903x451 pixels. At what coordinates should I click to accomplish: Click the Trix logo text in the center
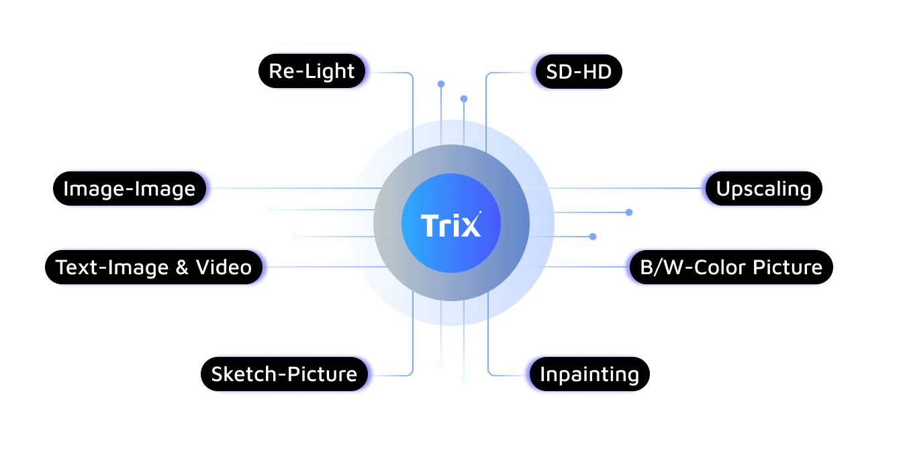pos(450,225)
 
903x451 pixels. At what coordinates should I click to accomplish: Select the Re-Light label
pos(312,71)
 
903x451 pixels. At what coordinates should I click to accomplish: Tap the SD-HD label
pos(579,71)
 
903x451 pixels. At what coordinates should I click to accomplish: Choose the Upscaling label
pos(763,189)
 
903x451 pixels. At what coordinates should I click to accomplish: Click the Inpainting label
pos(589,374)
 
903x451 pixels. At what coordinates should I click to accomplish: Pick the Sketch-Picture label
pos(284,374)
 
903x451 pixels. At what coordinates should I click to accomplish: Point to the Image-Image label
pos(129,189)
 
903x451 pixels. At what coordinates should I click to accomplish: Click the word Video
pos(224,268)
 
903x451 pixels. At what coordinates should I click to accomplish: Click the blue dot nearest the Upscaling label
pos(629,212)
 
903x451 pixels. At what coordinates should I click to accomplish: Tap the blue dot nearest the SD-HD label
pos(464,99)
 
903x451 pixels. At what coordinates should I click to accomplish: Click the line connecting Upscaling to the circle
pos(611,188)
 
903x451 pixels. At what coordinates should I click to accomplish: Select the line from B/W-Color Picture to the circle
pos(571,267)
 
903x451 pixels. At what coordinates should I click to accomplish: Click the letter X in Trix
pos(472,226)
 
